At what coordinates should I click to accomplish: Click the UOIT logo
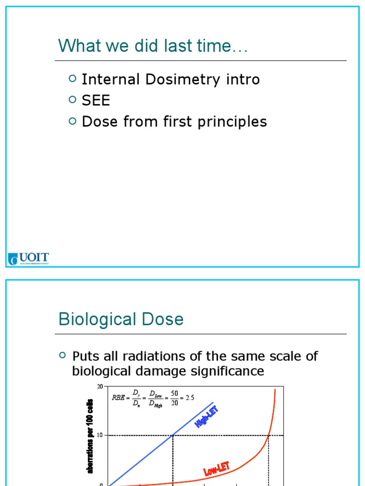coord(29,259)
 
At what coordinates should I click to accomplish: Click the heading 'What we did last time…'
coord(153,46)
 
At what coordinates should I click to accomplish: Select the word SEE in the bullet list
coord(96,100)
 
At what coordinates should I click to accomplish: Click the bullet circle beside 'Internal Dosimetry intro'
coord(72,78)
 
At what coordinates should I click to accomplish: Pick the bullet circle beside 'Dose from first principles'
coord(72,121)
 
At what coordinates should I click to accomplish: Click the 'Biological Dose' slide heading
coord(121,319)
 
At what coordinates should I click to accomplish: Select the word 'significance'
coord(223,371)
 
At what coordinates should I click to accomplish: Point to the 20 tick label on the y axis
coord(100,386)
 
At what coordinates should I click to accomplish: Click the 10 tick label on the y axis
coord(100,435)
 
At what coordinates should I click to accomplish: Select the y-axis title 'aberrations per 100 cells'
coord(90,436)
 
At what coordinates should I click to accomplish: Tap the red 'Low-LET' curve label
coord(217,469)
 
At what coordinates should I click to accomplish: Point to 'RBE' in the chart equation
coord(117,398)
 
